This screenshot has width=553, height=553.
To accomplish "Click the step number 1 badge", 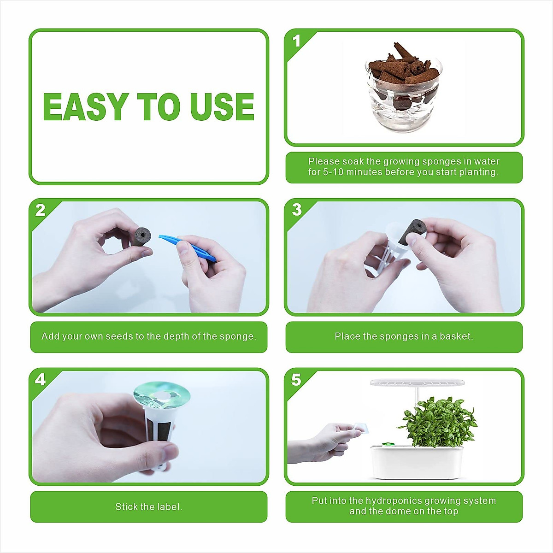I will [x=296, y=41].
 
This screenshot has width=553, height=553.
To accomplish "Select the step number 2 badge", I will [x=41, y=211].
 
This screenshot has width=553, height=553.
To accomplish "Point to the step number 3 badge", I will [x=296, y=210].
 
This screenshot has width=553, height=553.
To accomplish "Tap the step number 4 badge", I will [x=41, y=379].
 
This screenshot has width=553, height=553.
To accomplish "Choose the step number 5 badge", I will [x=296, y=380].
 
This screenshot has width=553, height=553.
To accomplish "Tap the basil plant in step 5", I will [x=438, y=422].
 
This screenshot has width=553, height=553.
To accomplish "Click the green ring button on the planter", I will [x=387, y=445].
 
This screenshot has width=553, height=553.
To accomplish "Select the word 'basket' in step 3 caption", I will [x=455, y=336].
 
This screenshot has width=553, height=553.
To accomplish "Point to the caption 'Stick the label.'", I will [x=149, y=507].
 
